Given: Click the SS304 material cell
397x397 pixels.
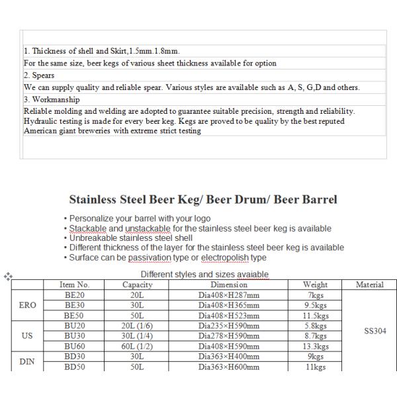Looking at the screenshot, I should point(370,331).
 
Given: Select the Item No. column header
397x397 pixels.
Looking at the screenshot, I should point(74,285).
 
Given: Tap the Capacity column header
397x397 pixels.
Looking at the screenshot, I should point(138,285).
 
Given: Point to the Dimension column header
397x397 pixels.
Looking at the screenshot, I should point(229,285).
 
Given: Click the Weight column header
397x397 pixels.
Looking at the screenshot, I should point(316,285).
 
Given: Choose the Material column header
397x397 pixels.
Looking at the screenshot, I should point(370,285).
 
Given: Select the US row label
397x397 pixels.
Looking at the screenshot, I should point(27,336).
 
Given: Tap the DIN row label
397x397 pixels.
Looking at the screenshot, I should point(27,361).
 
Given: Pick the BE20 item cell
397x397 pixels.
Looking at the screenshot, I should point(74,295).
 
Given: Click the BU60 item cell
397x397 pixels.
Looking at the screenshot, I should point(74,346).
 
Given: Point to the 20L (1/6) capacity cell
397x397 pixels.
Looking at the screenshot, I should point(138,326).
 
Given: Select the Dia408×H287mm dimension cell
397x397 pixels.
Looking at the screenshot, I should point(229,295).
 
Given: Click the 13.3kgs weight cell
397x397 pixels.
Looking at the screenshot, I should point(316,346).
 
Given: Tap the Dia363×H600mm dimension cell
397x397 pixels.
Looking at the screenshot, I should point(229,367).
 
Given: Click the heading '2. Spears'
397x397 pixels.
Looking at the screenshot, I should point(39,75).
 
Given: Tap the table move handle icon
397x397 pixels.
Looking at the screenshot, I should point(7,276).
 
